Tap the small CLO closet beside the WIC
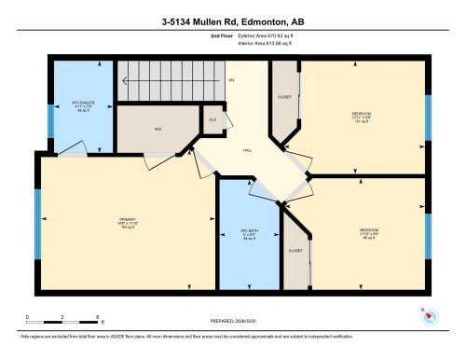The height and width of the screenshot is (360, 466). click(x=212, y=119)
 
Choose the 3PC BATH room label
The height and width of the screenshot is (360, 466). click(x=249, y=231)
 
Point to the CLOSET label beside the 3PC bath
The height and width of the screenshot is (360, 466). click(x=295, y=251)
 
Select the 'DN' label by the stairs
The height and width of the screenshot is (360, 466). click(x=230, y=81)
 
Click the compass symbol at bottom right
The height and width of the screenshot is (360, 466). click(x=428, y=314)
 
